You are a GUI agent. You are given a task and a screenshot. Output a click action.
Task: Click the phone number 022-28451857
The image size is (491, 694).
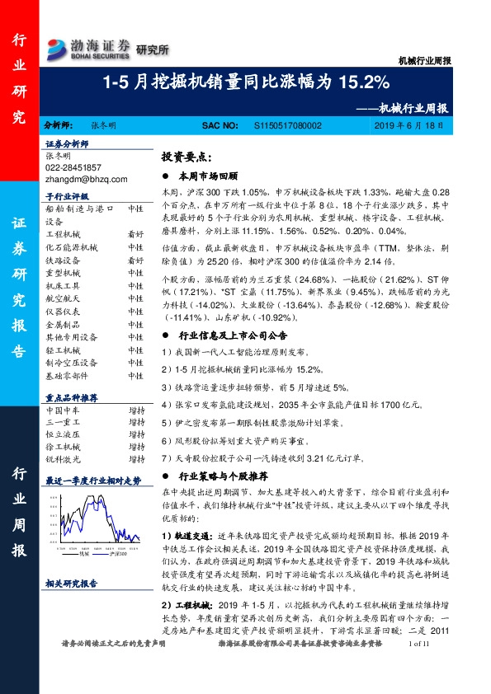73,166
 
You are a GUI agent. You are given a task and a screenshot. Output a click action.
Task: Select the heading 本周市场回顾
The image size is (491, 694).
207,176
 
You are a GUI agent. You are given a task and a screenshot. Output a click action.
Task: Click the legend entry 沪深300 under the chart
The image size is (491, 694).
116,556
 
